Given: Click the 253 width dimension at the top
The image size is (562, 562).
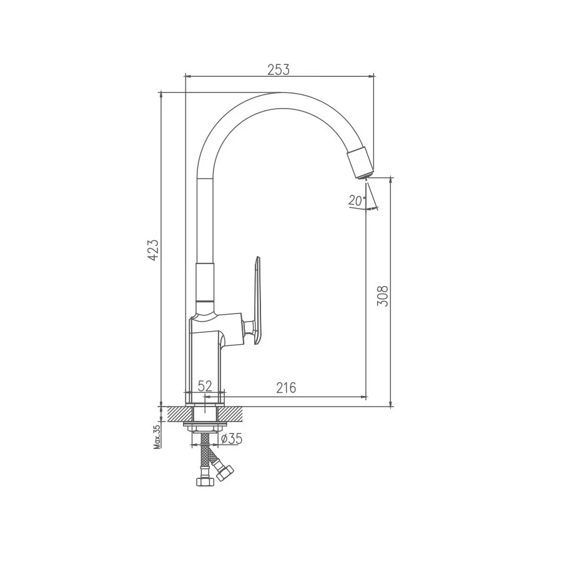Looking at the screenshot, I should (279, 69).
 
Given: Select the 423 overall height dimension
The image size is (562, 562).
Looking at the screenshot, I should (153, 250).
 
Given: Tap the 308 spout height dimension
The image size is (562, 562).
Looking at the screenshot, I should (383, 295).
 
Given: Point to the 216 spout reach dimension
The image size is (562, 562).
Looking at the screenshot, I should (286, 388).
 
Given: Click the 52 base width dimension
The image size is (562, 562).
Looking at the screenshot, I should (205, 387).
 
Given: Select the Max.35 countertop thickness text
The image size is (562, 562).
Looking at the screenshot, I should (157, 436).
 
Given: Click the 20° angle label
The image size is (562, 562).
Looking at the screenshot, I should (357, 200).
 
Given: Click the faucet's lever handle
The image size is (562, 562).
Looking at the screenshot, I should (258, 300).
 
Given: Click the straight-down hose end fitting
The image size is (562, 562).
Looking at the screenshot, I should (204, 480).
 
